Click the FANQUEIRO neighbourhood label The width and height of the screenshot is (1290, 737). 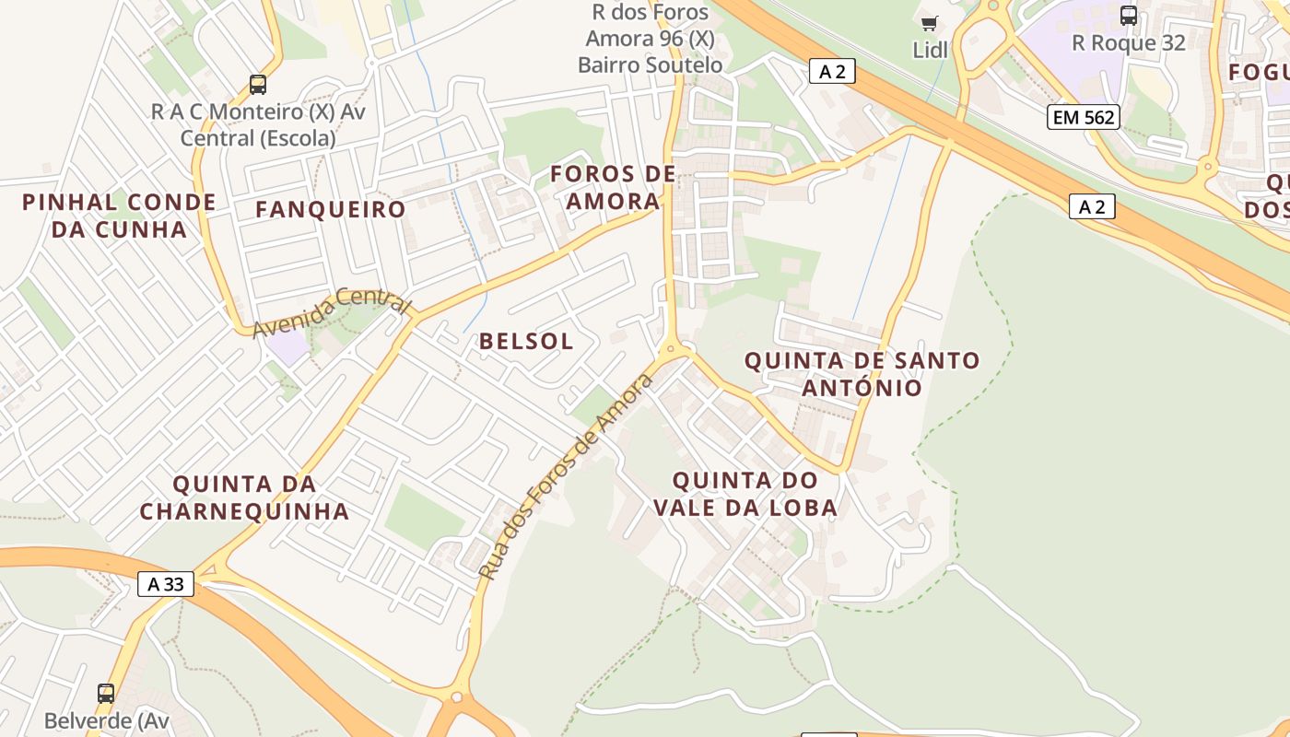(330, 209)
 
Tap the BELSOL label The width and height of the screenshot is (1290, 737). (526, 341)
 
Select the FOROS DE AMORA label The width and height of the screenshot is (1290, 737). (613, 187)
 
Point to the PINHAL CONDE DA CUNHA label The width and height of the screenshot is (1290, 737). (119, 216)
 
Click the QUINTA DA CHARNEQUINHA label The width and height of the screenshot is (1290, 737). (244, 497)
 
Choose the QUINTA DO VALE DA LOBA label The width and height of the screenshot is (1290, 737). (745, 494)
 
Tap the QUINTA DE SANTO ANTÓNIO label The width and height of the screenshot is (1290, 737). (862, 373)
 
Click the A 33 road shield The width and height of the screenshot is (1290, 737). (166, 584)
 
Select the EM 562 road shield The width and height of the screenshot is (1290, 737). (1083, 117)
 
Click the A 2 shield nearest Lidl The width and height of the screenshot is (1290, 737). (832, 71)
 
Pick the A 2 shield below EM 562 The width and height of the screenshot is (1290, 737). (1092, 206)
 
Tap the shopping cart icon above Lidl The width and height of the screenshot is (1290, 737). (929, 23)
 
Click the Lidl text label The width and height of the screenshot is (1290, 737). (930, 50)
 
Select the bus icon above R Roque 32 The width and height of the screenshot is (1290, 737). (1129, 15)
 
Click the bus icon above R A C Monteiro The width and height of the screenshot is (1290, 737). (258, 85)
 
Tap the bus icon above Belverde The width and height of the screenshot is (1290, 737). (106, 693)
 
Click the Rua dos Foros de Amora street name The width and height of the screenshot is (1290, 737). (566, 476)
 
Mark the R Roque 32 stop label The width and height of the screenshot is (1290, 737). (1129, 42)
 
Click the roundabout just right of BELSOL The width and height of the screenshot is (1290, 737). (671, 349)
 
